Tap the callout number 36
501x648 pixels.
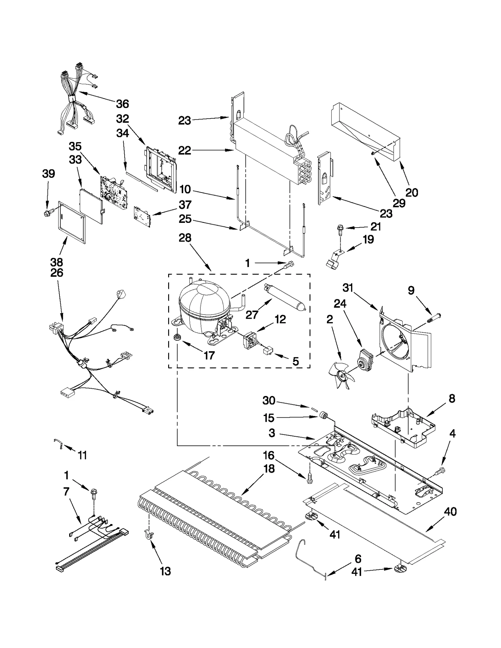pyautogui.click(x=122, y=104)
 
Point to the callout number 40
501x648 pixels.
pyautogui.click(x=450, y=512)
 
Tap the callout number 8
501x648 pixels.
pyautogui.click(x=452, y=399)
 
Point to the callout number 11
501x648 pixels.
pyautogui.click(x=82, y=455)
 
